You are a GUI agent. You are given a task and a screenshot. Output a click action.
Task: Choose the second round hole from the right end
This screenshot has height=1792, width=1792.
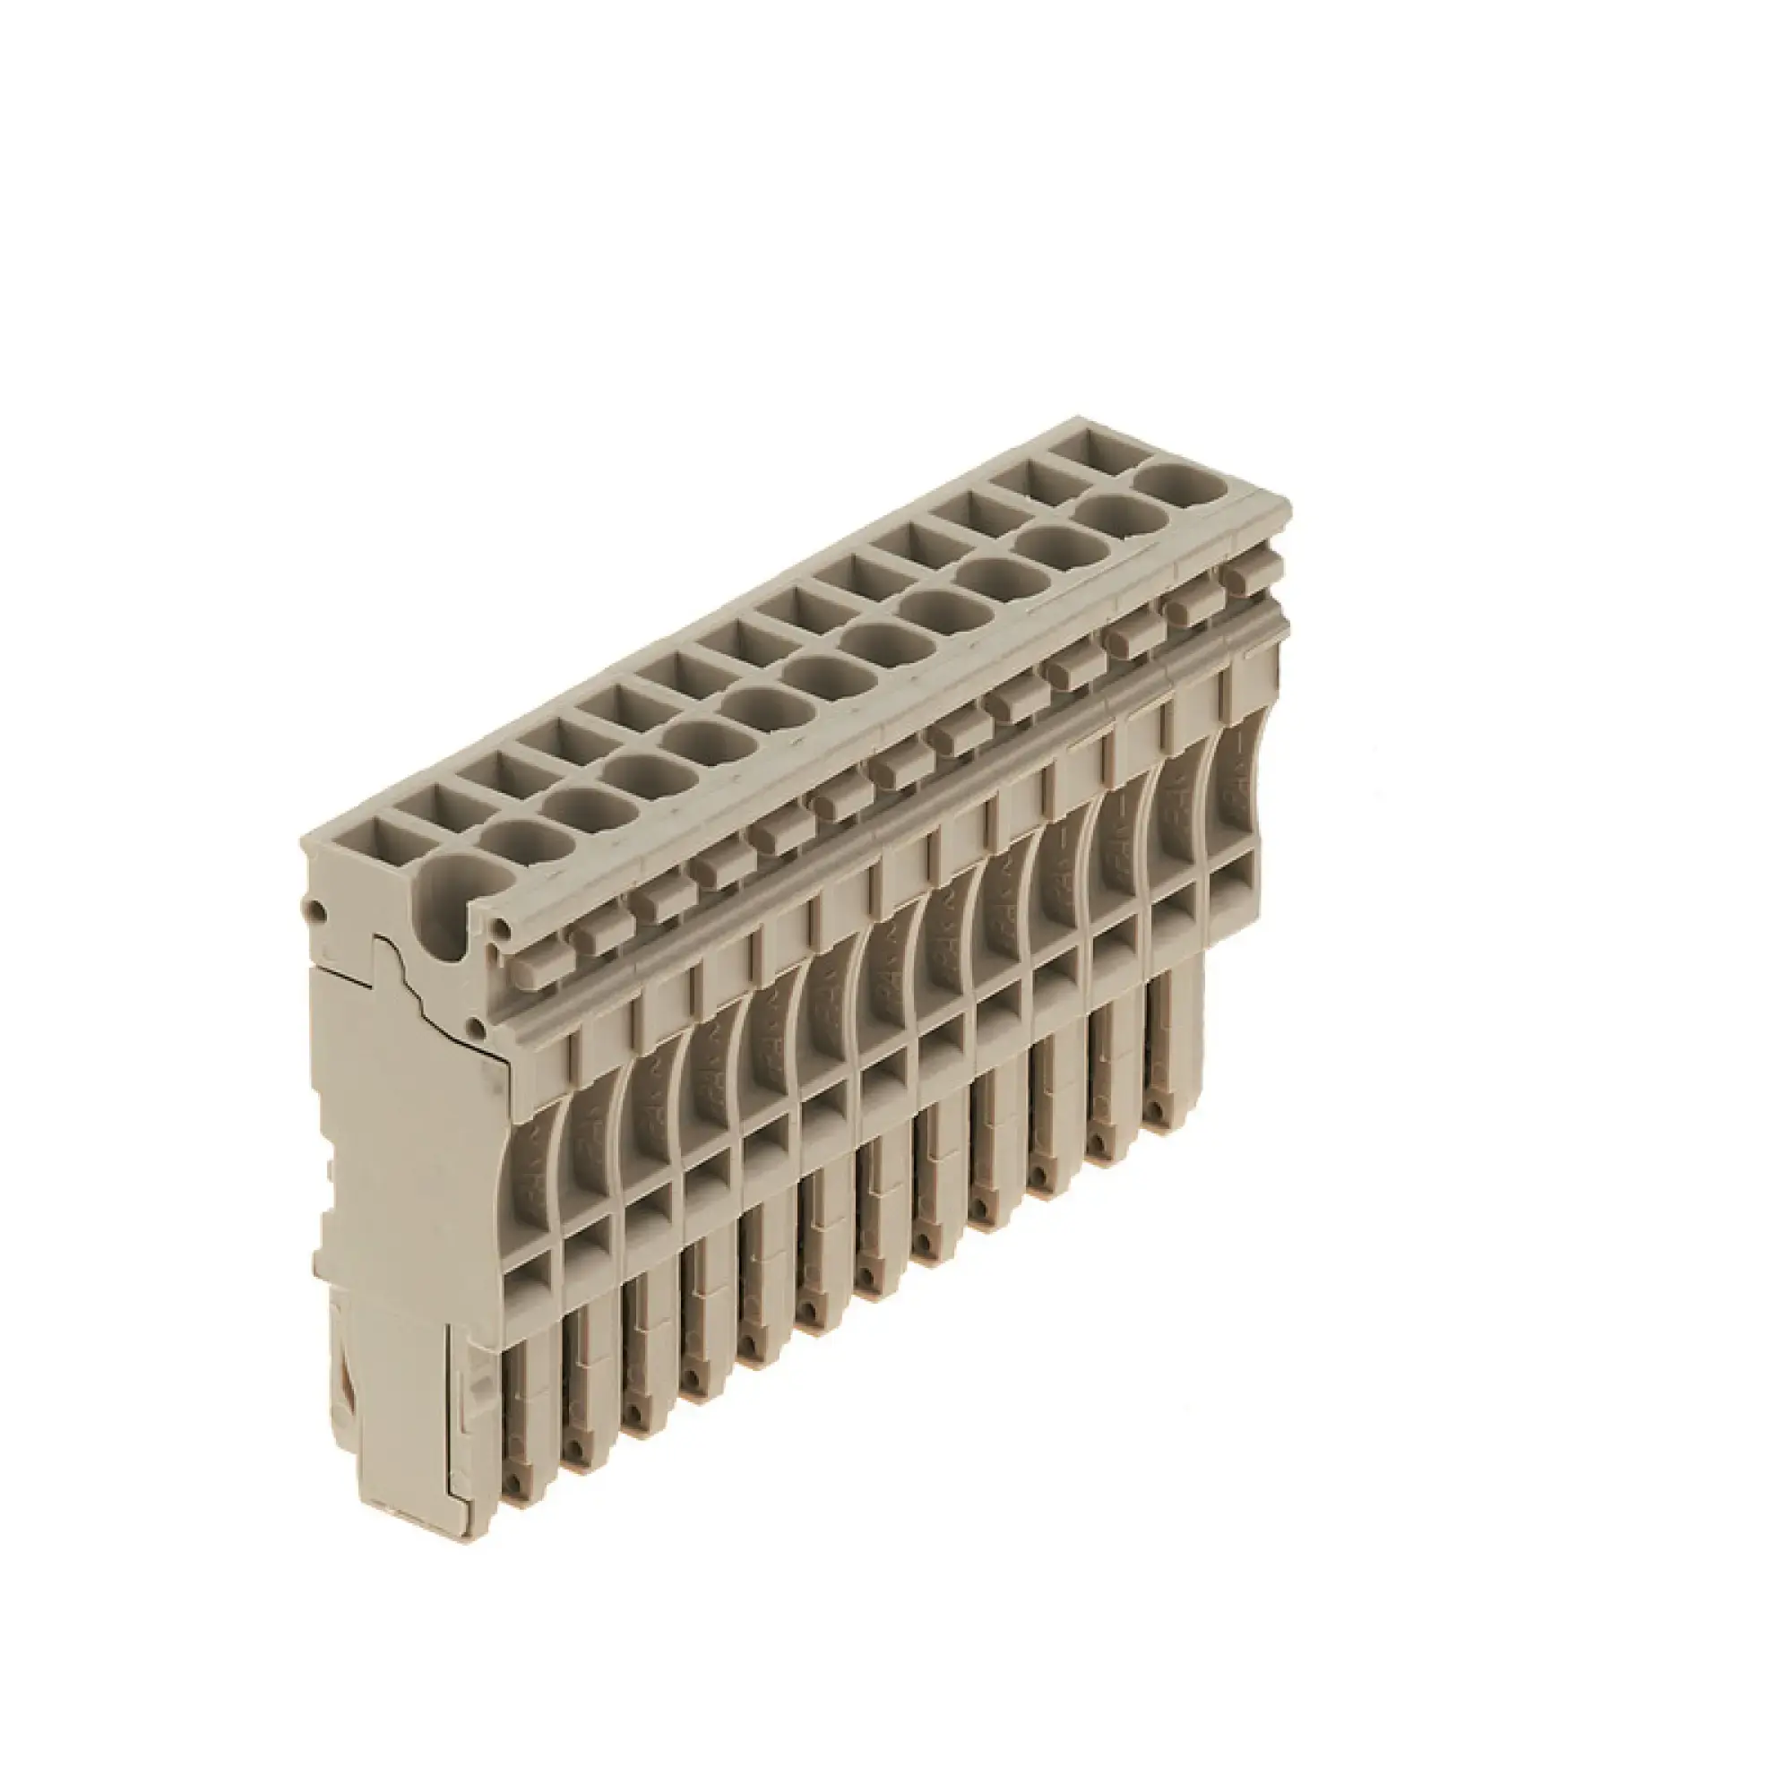pyautogui.click(x=1121, y=513)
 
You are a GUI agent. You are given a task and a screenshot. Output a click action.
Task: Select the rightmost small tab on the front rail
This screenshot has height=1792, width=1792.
pyautogui.click(x=1245, y=576)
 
